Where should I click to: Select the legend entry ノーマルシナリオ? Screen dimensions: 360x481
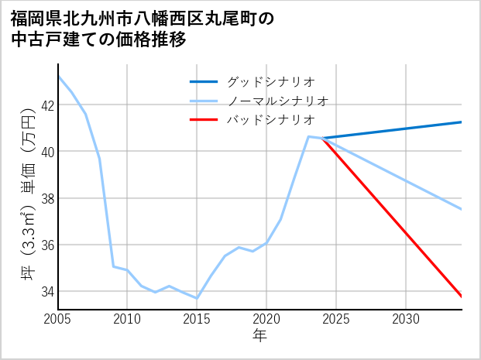coord(277,101)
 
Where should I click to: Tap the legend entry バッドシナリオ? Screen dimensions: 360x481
coord(270,120)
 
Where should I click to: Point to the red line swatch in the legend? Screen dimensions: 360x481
coord(204,120)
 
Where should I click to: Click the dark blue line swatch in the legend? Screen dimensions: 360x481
coord(204,81)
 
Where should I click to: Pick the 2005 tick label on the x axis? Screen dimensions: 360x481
coord(57,319)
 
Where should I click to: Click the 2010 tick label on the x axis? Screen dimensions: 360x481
coord(127,319)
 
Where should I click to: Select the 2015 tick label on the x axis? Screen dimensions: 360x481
coord(197,319)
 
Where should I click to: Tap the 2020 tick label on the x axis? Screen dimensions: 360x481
coord(266,319)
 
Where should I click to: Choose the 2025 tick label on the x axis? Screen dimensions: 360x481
coord(336,319)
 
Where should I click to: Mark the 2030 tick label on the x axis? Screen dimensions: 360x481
coord(406,319)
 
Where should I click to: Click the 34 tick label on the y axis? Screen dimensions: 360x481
coord(46,292)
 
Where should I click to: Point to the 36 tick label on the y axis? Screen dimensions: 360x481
coord(46,245)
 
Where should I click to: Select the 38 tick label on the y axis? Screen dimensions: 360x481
coord(46,198)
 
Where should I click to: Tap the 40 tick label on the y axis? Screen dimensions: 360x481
coord(46,152)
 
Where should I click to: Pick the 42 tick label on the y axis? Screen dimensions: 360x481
coord(46,105)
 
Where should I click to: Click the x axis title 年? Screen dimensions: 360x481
coord(259,336)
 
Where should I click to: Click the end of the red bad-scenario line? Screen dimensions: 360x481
coord(461,297)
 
